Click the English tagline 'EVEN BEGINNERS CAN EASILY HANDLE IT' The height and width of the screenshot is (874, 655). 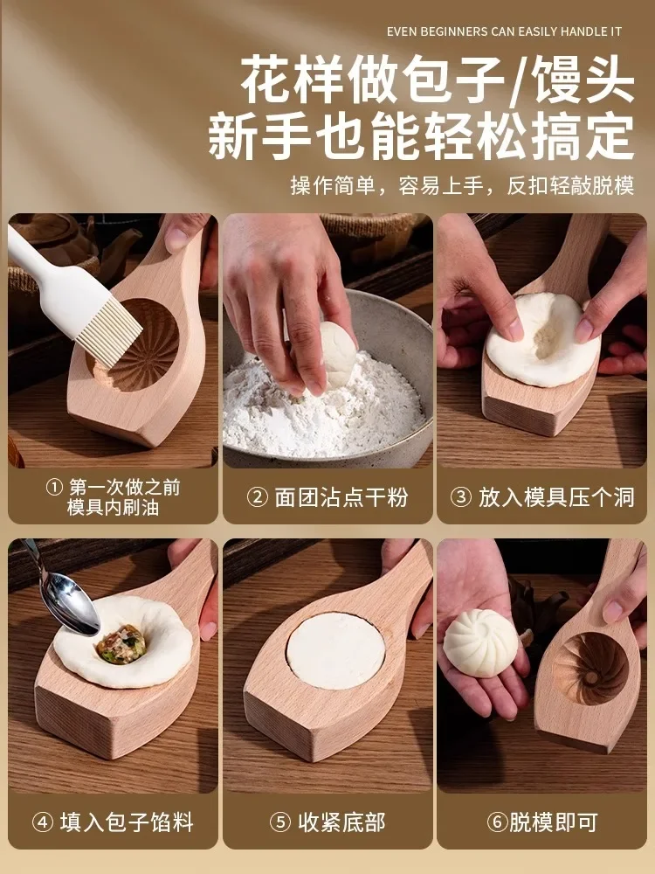pyautogui.click(x=504, y=31)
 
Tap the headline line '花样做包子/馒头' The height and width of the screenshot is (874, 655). pyautogui.click(x=438, y=82)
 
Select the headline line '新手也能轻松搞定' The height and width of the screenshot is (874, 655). pyautogui.click(x=421, y=137)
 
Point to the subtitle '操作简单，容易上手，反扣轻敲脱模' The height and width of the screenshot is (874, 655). pyautogui.click(x=462, y=186)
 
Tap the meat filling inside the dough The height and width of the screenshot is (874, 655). pyautogui.click(x=121, y=644)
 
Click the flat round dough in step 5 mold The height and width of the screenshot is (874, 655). pyautogui.click(x=335, y=650)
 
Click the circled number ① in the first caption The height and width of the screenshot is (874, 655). pyautogui.click(x=54, y=488)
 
